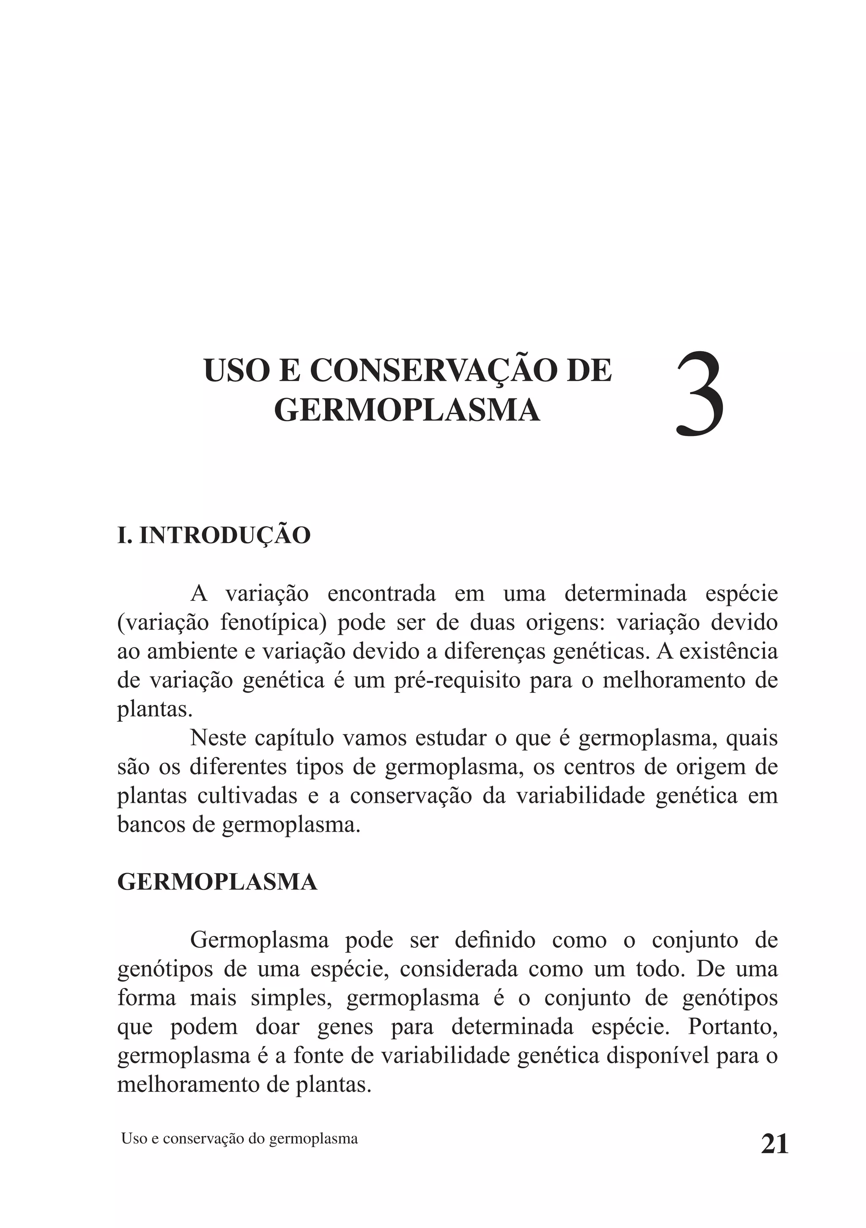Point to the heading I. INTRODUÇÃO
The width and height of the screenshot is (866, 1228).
214,535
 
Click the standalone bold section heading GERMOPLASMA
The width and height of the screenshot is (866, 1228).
217,882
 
